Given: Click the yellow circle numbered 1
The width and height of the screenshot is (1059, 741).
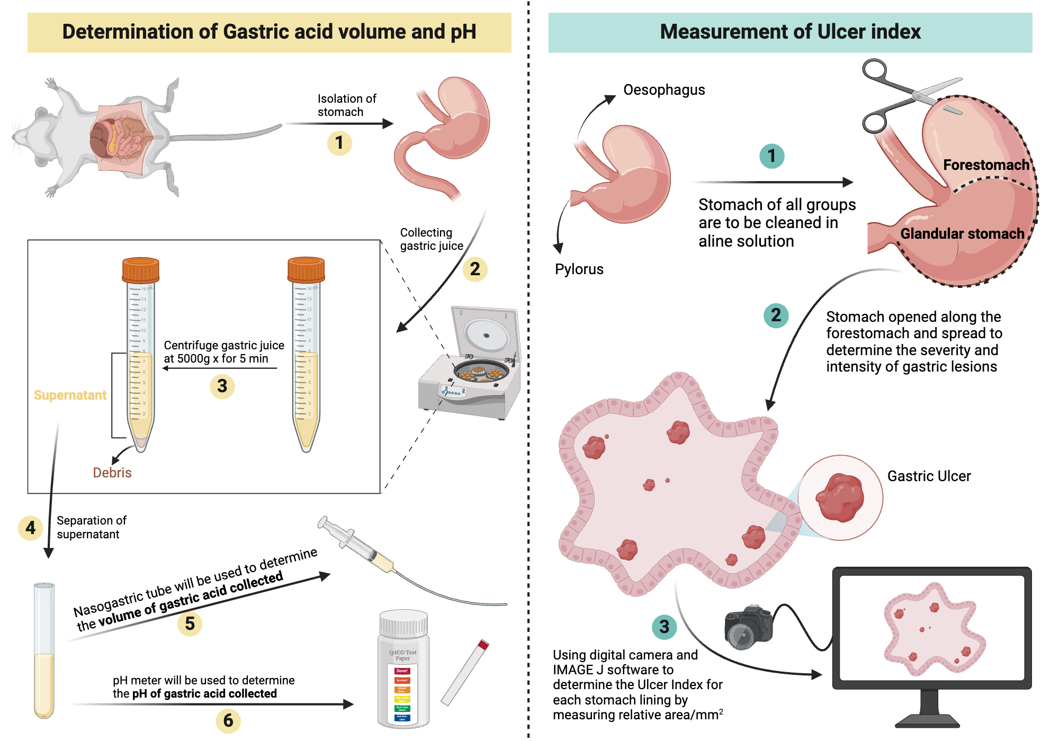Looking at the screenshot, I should click(339, 143).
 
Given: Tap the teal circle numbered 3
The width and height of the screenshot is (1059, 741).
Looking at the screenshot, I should click(664, 627).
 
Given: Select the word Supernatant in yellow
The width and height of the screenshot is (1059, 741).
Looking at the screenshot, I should click(70, 395).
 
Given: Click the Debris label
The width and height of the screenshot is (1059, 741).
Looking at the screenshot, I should click(112, 473).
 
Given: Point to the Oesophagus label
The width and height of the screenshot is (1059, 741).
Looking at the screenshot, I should click(663, 90).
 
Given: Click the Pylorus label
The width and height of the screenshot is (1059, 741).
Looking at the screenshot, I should click(579, 269).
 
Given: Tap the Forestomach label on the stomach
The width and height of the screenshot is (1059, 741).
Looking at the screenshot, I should click(986, 165).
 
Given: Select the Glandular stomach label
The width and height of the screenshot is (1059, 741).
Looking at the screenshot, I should click(962, 234).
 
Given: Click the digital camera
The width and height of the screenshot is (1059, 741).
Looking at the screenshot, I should click(748, 627).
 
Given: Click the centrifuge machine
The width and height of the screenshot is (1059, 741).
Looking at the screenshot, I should click(471, 370).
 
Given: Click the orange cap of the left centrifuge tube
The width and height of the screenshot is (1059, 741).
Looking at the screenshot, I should click(140, 269).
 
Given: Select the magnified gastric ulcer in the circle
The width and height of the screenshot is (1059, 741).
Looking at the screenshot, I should click(840, 498).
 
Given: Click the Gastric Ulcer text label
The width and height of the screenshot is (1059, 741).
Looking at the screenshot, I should click(929, 476).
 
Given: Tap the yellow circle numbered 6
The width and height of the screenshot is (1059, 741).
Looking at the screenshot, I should click(228, 720).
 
